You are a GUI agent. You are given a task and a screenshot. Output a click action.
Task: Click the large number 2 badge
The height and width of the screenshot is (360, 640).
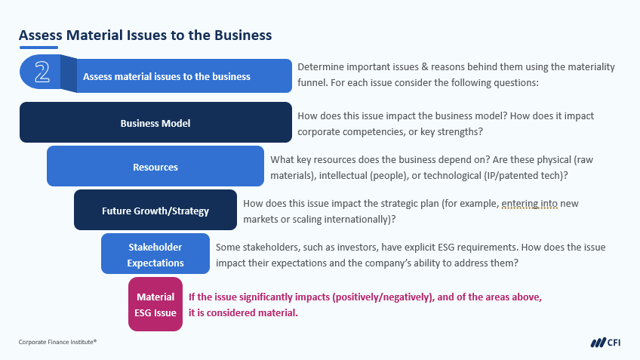tap(42, 72)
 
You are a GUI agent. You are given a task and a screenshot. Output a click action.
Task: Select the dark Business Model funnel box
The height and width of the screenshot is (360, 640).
tap(155, 122)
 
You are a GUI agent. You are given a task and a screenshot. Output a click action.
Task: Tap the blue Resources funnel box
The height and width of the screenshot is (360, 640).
tap(155, 166)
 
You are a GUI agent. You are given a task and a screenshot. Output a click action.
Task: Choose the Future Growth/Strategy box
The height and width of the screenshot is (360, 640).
tap(155, 210)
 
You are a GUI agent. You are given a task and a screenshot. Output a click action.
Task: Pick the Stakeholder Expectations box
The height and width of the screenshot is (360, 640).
tap(155, 254)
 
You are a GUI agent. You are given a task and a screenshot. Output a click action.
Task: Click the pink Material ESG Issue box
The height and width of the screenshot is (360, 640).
tap(155, 304)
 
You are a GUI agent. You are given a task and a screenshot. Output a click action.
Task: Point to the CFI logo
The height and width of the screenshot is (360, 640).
tap(605, 343)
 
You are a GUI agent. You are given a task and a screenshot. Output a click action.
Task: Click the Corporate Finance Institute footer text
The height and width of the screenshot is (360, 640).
tap(57, 342)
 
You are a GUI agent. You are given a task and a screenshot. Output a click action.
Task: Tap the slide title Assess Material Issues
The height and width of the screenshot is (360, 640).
tap(146, 35)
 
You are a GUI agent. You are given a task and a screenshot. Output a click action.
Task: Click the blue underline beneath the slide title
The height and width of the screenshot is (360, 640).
tap(38, 48)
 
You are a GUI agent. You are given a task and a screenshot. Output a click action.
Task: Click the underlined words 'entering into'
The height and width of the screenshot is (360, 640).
tap(529, 204)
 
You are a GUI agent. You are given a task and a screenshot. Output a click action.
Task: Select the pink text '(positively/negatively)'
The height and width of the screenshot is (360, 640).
tap(383, 297)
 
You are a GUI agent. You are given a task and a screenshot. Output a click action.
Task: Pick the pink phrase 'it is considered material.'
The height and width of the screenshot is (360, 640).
tap(243, 313)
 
